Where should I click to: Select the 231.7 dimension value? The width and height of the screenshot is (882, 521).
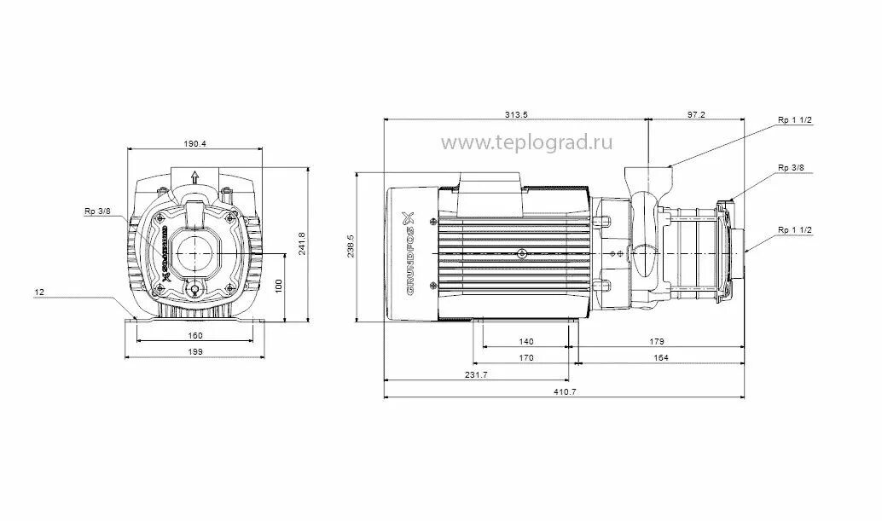(476, 374)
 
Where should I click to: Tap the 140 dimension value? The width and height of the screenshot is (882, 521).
(525, 341)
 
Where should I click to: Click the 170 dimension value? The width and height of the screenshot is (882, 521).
(525, 358)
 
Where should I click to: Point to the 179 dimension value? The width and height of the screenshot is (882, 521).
(656, 341)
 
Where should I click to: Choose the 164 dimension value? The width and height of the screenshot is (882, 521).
(660, 358)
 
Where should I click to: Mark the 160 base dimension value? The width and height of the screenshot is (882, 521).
(195, 335)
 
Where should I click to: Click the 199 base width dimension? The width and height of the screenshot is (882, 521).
(195, 350)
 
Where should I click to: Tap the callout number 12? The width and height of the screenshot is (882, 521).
(39, 292)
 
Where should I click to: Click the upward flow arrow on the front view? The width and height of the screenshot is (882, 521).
(194, 177)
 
